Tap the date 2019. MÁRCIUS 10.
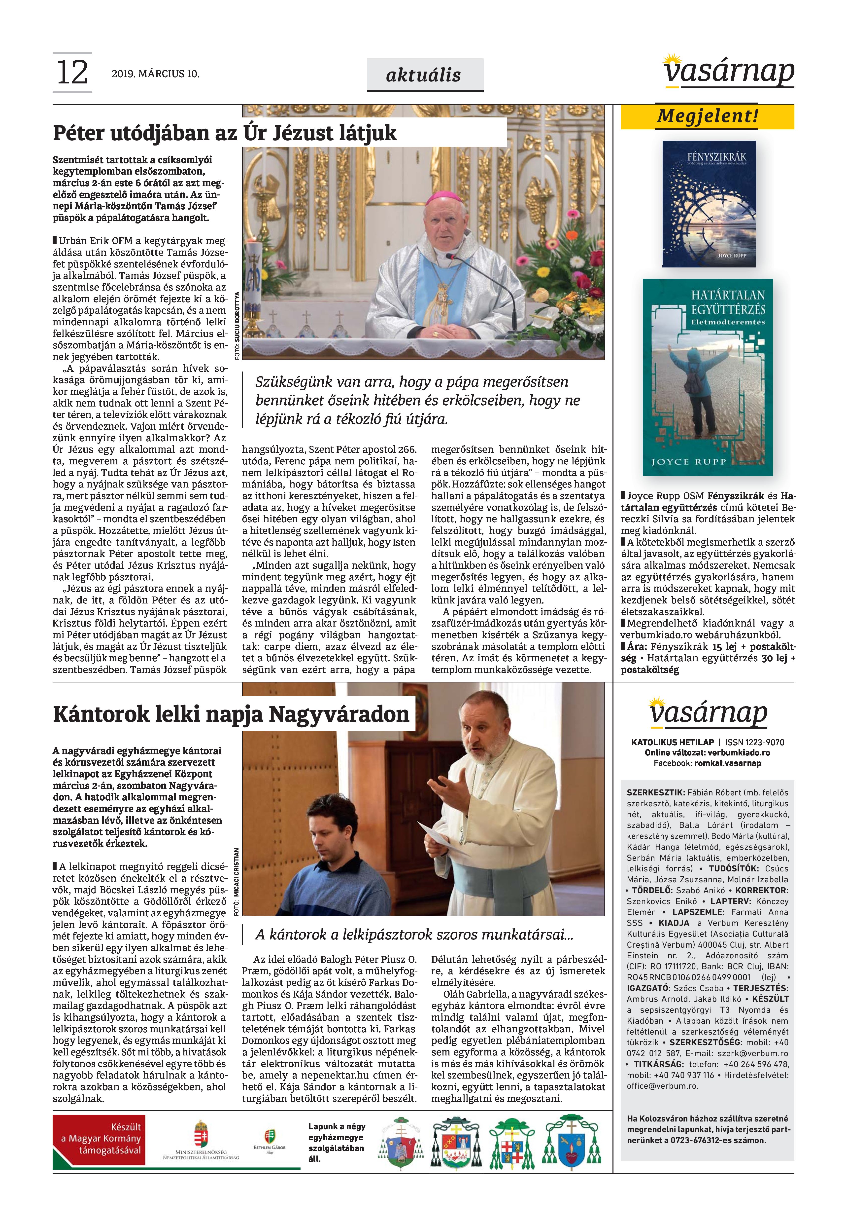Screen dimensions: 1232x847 (x=156, y=74)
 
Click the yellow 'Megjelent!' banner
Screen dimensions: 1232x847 (x=708, y=116)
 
